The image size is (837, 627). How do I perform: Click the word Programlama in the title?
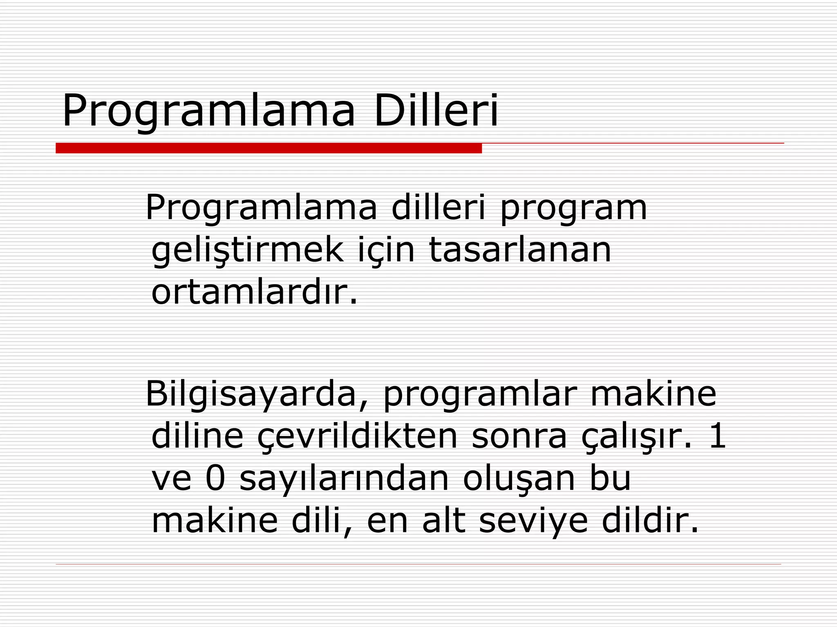[209, 111]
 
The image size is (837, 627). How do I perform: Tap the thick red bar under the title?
[269, 148]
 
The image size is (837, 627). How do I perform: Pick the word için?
[386, 250]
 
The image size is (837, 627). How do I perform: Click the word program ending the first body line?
[573, 208]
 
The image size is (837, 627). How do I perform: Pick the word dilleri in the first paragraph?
[439, 207]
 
